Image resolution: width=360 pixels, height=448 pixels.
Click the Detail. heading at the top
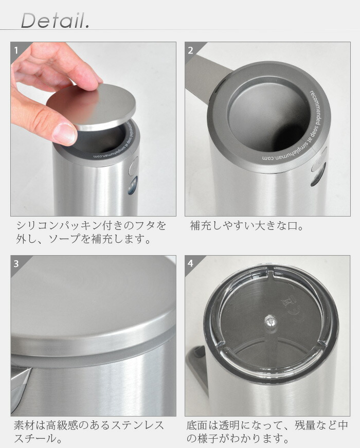[55, 20]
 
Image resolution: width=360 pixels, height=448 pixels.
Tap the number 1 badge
[16, 50]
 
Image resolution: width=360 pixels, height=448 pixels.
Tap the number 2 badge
[191, 50]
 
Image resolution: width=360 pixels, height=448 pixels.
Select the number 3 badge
[16, 264]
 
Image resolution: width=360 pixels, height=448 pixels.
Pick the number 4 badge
[191, 264]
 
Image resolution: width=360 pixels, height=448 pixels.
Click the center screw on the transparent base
[270, 321]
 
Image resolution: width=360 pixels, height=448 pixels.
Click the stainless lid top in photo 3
[87, 303]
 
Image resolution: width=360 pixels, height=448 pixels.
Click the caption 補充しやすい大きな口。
[247, 226]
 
